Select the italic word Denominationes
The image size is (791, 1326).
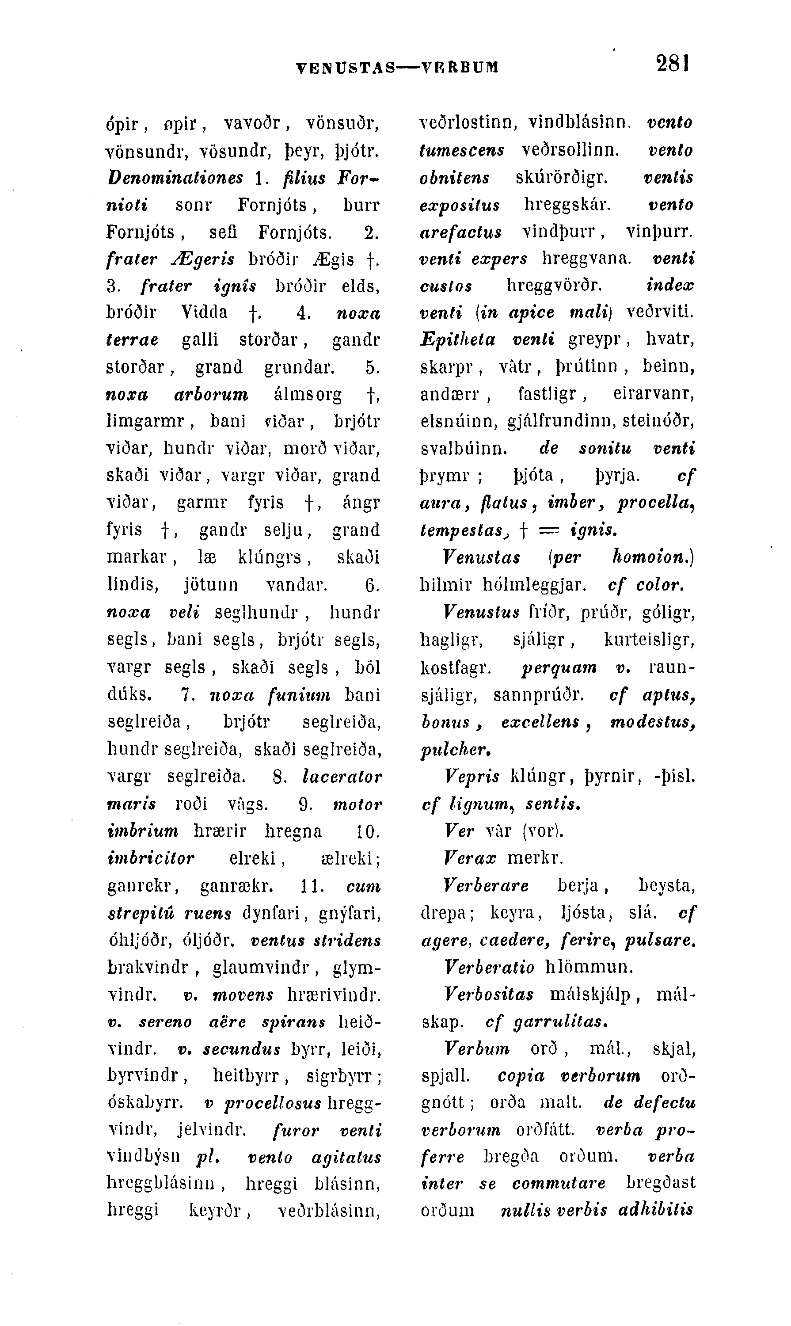point(175,178)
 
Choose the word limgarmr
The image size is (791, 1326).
point(145,422)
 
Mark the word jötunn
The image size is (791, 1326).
point(210,585)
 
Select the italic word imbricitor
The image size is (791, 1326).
point(151,858)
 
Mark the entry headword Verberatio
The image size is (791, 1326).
point(489,968)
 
